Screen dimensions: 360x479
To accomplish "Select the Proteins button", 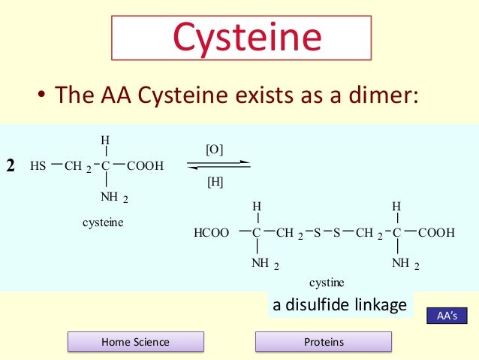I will coord(324,342).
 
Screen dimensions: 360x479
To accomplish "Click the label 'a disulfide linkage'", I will coord(339,305).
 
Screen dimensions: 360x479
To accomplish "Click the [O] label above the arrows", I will coord(214,150).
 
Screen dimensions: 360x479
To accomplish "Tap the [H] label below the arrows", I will coord(214,181).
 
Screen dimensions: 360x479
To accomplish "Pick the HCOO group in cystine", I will coord(211,234).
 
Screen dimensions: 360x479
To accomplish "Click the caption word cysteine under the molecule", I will coord(103,222).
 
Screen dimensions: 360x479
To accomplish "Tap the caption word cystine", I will coord(327,283).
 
